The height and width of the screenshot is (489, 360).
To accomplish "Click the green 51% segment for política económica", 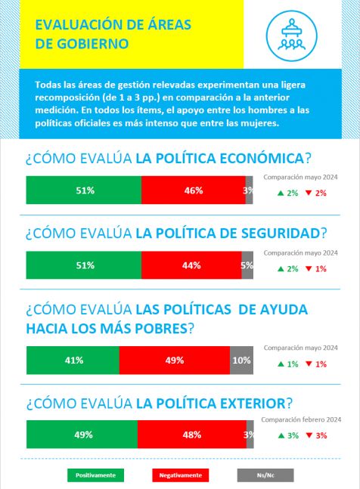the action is click(84, 190).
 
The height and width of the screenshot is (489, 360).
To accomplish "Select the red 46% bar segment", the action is click(194, 190).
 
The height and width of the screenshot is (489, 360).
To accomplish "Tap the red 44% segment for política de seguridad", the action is click(191, 265).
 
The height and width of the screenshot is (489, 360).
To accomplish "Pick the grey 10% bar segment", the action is click(241, 361).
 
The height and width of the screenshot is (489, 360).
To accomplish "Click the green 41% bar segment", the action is click(73, 361).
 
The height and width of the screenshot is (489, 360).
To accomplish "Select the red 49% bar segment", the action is click(175, 361).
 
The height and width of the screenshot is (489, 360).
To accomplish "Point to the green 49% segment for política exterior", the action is click(82, 435).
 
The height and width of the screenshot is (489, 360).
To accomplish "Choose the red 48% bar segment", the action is click(192, 435).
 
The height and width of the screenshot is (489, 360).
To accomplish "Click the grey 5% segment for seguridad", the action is click(247, 265).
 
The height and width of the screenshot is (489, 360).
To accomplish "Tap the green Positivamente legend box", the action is click(95, 475).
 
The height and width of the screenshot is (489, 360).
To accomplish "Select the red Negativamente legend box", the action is click(180, 475).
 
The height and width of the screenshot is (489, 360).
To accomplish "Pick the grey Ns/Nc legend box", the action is click(265, 475).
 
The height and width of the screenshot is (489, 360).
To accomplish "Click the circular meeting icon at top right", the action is click(292, 36).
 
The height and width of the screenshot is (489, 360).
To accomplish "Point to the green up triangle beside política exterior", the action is click(281, 435).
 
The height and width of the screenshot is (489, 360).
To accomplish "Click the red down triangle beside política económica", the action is click(309, 193).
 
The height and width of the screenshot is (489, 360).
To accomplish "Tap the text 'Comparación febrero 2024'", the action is click(301, 419).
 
